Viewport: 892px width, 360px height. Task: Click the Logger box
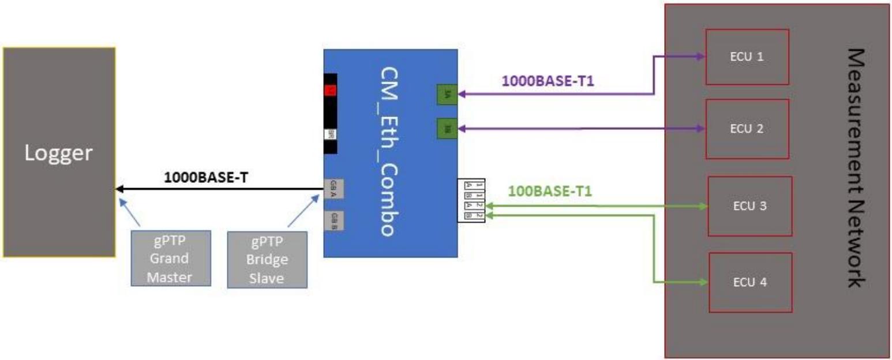click(x=58, y=152)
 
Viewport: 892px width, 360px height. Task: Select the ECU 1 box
click(x=747, y=57)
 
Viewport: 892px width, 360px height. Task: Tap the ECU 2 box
click(x=747, y=129)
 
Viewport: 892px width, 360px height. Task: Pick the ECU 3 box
click(x=750, y=206)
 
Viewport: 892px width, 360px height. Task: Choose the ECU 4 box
click(x=750, y=282)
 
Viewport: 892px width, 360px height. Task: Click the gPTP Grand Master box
click(x=169, y=258)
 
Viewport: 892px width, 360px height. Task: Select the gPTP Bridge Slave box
click(x=267, y=258)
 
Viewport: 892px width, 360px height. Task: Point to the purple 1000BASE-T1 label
click(x=548, y=81)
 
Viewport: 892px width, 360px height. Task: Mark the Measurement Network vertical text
click(x=856, y=167)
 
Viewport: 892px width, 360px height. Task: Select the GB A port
click(x=334, y=188)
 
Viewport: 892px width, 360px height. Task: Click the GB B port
click(x=334, y=221)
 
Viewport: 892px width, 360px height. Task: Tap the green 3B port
click(x=447, y=128)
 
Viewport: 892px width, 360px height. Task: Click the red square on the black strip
click(x=331, y=90)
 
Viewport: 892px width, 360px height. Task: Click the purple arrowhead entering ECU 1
click(x=702, y=57)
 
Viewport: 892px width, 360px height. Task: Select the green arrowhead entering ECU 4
click(x=704, y=282)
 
